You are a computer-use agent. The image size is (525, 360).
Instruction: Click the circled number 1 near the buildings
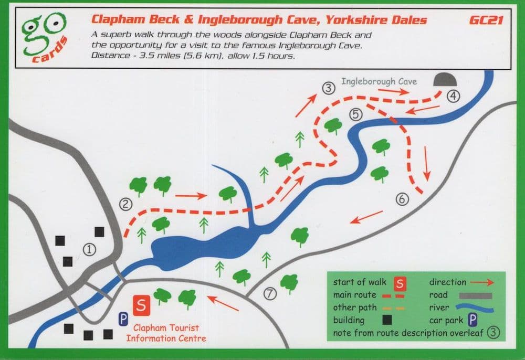click(x=90, y=249)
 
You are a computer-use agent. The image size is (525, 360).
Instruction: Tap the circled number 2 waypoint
click(x=125, y=204)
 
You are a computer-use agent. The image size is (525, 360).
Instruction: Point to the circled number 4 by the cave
click(x=453, y=96)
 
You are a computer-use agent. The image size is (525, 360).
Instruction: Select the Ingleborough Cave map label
click(x=379, y=81)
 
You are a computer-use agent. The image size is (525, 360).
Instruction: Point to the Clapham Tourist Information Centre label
click(x=165, y=333)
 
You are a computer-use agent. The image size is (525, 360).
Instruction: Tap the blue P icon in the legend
click(x=472, y=320)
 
